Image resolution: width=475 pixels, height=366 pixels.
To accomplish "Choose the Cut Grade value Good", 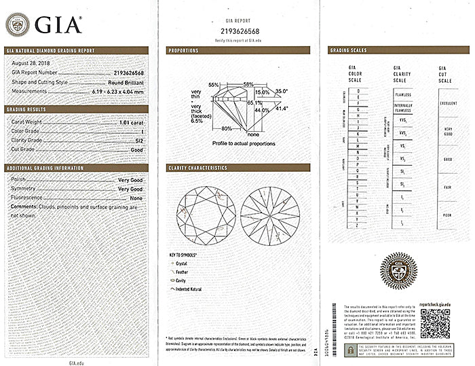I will [x=137, y=149].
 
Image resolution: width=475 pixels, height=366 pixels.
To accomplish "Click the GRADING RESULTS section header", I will [x=26, y=109].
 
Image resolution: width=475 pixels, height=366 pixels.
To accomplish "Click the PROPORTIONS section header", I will [x=184, y=50].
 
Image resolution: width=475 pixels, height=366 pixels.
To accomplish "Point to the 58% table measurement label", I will [x=248, y=84].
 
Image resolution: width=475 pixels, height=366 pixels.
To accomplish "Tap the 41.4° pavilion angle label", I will [x=282, y=108].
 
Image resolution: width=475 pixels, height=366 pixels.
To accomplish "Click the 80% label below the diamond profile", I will [x=226, y=128].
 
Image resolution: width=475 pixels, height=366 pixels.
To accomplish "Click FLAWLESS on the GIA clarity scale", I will [x=403, y=94].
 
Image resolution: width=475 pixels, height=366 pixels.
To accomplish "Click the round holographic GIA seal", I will [x=398, y=270].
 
